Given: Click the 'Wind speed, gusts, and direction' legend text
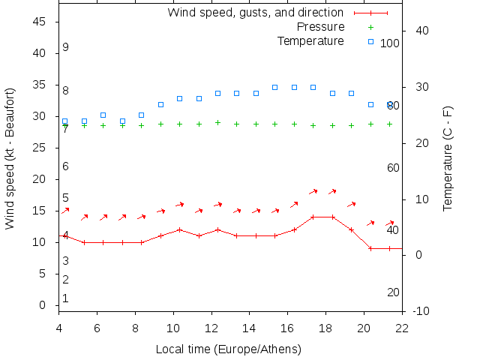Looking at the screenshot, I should point(256,12).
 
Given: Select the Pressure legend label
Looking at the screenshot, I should point(321,27).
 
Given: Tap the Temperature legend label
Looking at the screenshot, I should point(310,41).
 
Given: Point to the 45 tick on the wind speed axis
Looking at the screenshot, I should point(41,22).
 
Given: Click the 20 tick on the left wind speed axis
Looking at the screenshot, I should point(41,180).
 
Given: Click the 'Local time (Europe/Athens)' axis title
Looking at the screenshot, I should point(228,349).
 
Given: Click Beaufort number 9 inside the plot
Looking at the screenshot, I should point(66,47).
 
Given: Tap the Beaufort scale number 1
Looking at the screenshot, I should point(66,298).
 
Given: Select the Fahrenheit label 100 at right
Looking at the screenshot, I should point(390,43).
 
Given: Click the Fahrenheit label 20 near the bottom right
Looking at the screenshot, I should point(393,292).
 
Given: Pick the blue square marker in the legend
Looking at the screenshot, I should point(370,41).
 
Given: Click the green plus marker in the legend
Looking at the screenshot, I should point(370,27).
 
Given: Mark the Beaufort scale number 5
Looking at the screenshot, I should point(66,198).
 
